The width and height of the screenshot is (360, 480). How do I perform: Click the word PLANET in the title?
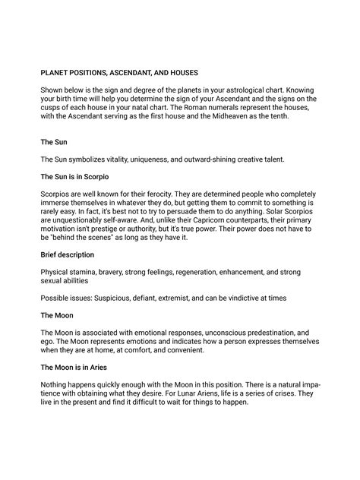coord(55,73)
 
